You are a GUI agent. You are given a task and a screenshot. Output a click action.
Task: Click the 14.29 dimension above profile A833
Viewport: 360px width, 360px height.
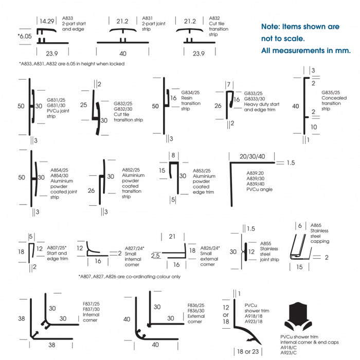(x=47, y=21)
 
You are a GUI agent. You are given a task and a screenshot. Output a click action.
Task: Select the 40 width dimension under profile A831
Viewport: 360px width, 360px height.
(x=123, y=53)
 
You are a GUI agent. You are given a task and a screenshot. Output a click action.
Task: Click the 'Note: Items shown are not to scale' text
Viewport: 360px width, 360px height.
(x=300, y=32)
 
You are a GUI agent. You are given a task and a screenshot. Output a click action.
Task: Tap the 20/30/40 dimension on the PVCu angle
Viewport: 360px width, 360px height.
(x=252, y=156)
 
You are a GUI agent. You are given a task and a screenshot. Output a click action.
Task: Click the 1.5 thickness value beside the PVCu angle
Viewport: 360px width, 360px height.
(x=291, y=163)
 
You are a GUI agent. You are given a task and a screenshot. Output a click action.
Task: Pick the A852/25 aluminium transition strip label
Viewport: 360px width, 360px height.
(x=133, y=183)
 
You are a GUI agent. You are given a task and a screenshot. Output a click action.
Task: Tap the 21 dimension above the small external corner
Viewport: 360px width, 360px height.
(x=172, y=236)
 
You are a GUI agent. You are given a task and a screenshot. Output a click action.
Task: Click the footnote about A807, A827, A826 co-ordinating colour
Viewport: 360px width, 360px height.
(x=129, y=276)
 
